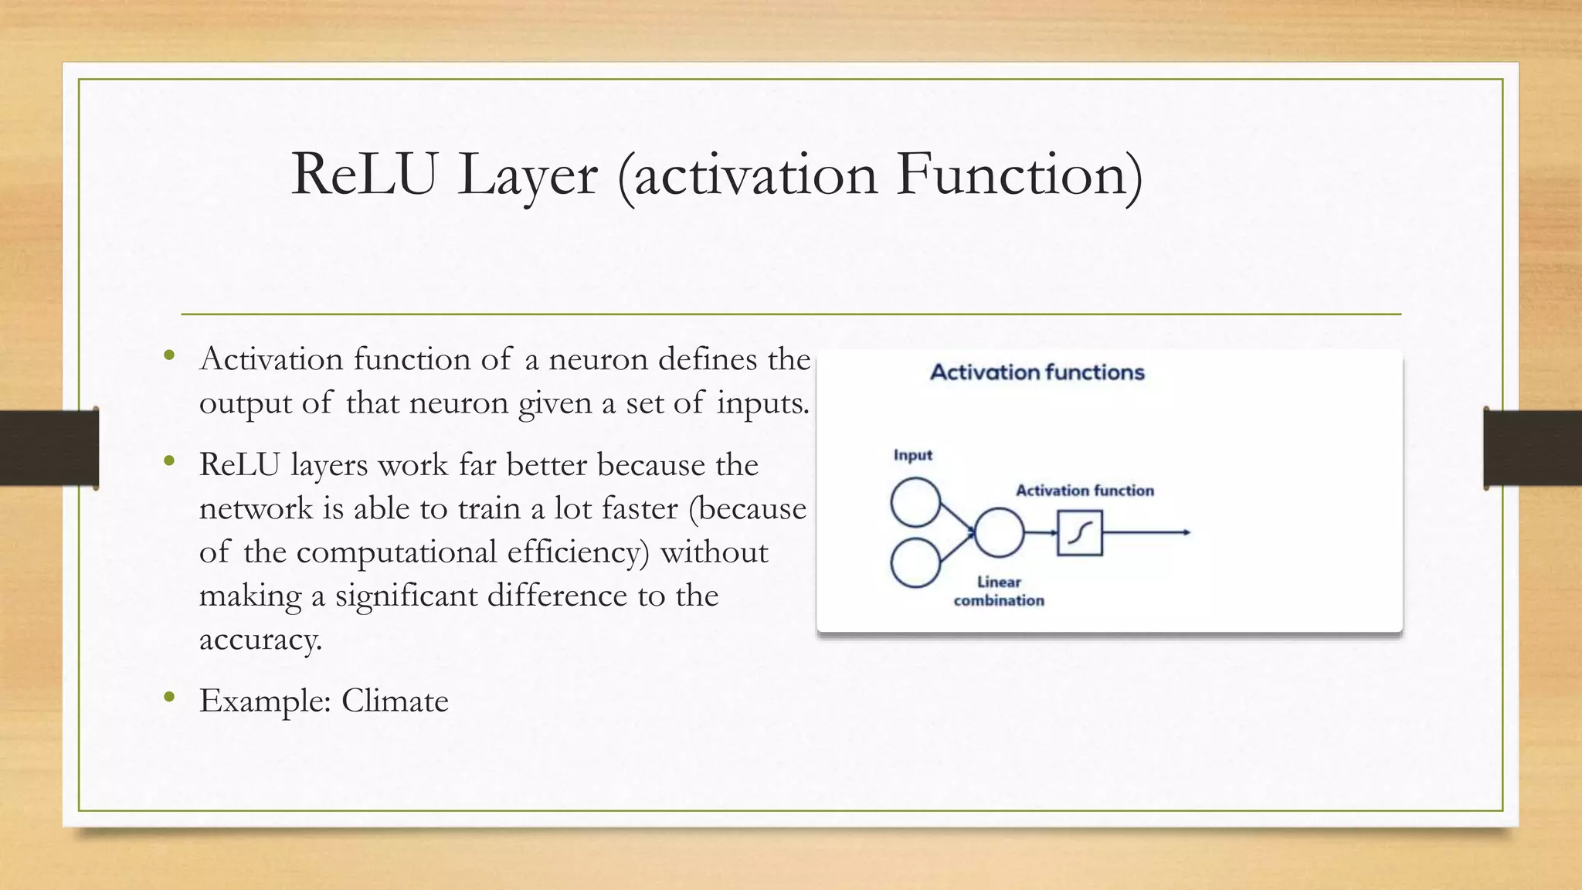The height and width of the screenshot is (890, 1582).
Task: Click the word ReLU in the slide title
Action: point(364,175)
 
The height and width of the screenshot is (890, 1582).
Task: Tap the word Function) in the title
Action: point(1019,175)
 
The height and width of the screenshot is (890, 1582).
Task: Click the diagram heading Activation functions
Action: point(1037,372)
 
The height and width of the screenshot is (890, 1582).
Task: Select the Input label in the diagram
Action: point(912,455)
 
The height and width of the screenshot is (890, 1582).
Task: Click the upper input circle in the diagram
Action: point(915,503)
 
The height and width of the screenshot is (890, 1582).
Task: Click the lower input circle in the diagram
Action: point(915,563)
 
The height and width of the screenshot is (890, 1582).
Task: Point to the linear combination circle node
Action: point(999,533)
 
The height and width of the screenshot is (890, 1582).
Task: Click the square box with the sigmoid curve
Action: point(1079,533)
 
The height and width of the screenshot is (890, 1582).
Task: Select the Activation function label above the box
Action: point(1084,491)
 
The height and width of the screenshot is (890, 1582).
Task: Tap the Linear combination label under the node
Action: point(999,591)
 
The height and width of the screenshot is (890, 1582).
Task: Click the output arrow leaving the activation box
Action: point(1147,532)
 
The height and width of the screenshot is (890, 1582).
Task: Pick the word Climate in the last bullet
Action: point(395,701)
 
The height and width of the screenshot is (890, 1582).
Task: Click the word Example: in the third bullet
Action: point(266,701)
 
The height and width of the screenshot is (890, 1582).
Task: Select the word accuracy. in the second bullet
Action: point(260,640)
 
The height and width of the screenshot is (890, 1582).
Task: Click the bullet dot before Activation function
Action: point(170,356)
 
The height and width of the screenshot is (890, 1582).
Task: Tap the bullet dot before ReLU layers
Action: point(170,462)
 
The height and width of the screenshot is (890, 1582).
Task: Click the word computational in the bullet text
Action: point(396,552)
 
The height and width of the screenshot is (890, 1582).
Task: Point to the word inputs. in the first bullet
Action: point(762,403)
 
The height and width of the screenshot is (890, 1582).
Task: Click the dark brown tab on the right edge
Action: point(1533,448)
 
